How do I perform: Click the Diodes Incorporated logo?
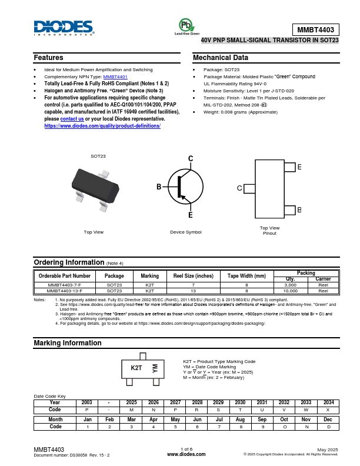click(64, 28)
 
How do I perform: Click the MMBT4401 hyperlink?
click(115, 77)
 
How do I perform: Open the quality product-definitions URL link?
click(102, 126)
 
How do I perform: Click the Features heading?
click(48, 58)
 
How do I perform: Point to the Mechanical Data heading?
click(221, 58)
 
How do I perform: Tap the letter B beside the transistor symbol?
click(159, 187)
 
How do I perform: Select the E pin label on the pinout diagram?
click(299, 168)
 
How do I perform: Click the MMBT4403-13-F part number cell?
click(65, 291)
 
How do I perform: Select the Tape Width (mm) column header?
click(247, 276)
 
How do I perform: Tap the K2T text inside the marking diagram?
click(136, 368)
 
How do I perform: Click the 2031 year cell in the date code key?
click(262, 402)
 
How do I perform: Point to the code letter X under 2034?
click(328, 409)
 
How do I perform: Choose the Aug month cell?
click(241, 420)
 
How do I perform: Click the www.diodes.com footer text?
click(186, 454)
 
